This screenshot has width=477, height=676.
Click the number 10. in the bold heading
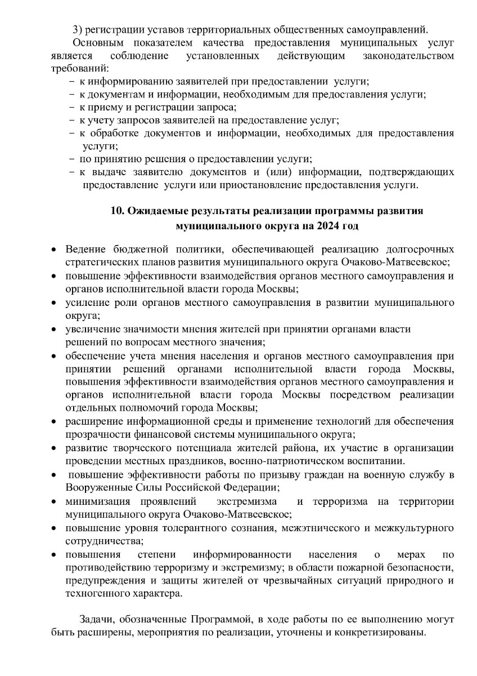tap(119, 211)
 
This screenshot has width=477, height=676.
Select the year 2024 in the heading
tap(328, 226)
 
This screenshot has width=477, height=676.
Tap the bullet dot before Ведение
tap(53, 250)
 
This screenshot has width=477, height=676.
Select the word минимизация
tap(97, 501)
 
